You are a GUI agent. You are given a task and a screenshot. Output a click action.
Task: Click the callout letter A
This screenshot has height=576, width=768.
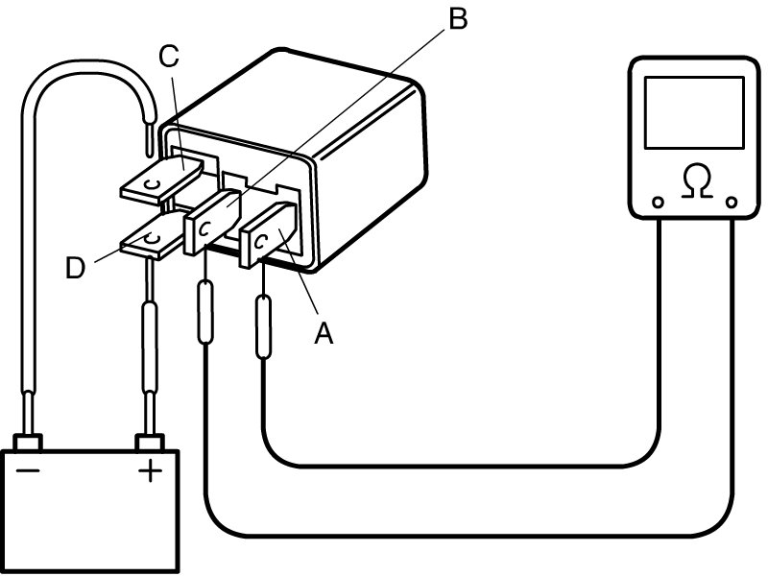(x=324, y=333)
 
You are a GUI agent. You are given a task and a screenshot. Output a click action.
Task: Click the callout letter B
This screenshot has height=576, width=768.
(x=458, y=18)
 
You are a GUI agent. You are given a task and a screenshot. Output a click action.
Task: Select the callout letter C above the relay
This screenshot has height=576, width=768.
(x=169, y=56)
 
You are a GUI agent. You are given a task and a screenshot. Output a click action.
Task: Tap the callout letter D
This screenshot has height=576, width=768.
(x=76, y=269)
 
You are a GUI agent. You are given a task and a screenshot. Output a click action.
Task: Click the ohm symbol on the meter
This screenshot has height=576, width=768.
(x=697, y=181)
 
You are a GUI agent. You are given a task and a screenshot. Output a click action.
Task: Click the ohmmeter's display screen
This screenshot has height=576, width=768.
(x=694, y=112)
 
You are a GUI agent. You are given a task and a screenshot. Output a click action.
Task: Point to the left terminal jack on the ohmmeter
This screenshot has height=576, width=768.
(x=659, y=203)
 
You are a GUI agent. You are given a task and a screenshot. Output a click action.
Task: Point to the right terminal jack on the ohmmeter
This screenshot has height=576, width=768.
(x=732, y=203)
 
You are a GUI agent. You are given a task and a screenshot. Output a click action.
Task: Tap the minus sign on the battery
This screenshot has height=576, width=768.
(x=28, y=471)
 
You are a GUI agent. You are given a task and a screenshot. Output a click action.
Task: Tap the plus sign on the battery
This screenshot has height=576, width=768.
(x=151, y=471)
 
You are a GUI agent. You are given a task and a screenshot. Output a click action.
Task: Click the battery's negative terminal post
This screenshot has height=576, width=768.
(x=28, y=442)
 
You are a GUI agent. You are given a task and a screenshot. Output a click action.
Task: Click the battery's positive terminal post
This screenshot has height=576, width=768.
(x=150, y=442)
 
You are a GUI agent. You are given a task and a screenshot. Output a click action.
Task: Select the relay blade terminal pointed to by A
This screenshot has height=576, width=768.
(x=269, y=234)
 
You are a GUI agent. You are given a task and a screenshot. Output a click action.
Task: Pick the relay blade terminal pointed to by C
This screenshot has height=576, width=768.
(x=161, y=180)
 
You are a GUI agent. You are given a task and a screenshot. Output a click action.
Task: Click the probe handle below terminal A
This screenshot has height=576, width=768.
(x=263, y=326)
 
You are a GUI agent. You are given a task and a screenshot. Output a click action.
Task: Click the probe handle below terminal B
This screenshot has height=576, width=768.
(x=205, y=311)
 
